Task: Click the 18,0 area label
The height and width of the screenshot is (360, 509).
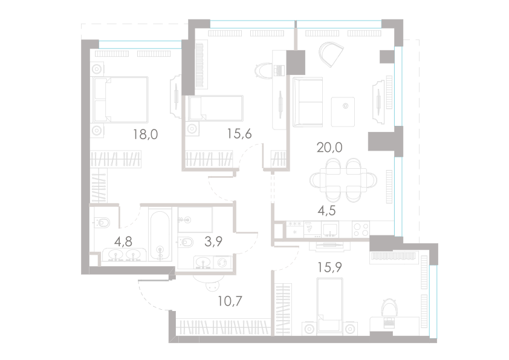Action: [x=145, y=134]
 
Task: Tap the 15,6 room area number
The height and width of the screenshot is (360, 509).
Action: [x=239, y=134]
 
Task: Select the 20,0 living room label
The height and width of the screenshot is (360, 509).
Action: [x=330, y=147]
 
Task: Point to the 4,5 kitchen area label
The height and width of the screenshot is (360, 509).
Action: [x=327, y=211]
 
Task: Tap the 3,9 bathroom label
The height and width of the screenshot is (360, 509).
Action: [x=212, y=242]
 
